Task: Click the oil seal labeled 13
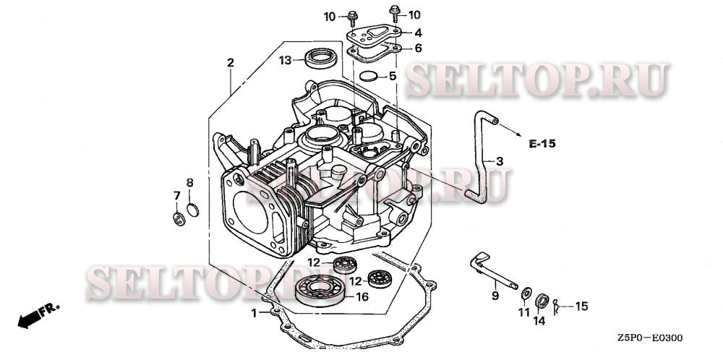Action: point(322,58)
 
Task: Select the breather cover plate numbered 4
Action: point(375,34)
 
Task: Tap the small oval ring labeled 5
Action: point(369,76)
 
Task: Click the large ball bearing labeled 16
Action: point(320,291)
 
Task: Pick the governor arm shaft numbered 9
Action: point(492,272)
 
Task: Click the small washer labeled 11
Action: point(526,293)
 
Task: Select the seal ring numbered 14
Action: point(542,301)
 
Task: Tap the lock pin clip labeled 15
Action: point(557,306)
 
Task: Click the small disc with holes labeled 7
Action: point(179,219)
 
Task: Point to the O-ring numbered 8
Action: point(193,210)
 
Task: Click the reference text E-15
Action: point(542,144)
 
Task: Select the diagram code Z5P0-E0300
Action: point(651,338)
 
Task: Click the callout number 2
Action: point(231,63)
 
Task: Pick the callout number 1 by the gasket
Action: point(254,314)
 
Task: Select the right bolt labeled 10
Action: point(395,14)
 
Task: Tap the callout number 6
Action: point(418,48)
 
